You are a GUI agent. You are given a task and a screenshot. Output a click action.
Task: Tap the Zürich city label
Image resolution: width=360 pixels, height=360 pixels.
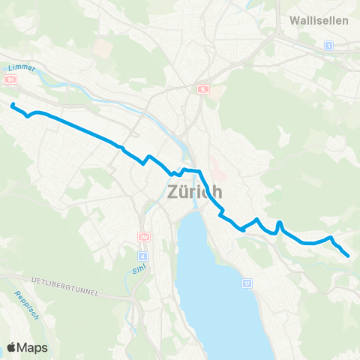pos(191,192)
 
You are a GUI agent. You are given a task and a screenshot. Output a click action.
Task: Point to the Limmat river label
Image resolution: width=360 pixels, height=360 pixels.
pos(21,68)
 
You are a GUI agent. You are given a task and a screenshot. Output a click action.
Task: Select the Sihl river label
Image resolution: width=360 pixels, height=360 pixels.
pos(129,268)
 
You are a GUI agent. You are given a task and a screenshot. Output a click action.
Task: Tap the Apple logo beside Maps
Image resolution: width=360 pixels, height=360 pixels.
pos(11,347)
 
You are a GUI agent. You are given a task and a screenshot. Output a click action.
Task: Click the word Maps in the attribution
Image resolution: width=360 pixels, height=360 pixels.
pos(32,347)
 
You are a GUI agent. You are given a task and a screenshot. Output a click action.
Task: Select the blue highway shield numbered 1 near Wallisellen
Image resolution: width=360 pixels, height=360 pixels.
pos(328,46)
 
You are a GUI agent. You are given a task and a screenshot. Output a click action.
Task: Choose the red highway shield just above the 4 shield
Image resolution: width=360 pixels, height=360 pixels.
pos(142,238)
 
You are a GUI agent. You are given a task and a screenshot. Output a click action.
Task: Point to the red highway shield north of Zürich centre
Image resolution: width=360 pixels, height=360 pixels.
pos(202,88)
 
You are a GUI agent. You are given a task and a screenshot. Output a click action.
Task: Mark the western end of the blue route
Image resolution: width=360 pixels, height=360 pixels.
pos(12,104)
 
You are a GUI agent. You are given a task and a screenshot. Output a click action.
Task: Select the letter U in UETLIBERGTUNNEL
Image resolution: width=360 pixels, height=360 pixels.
pos(34,280)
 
